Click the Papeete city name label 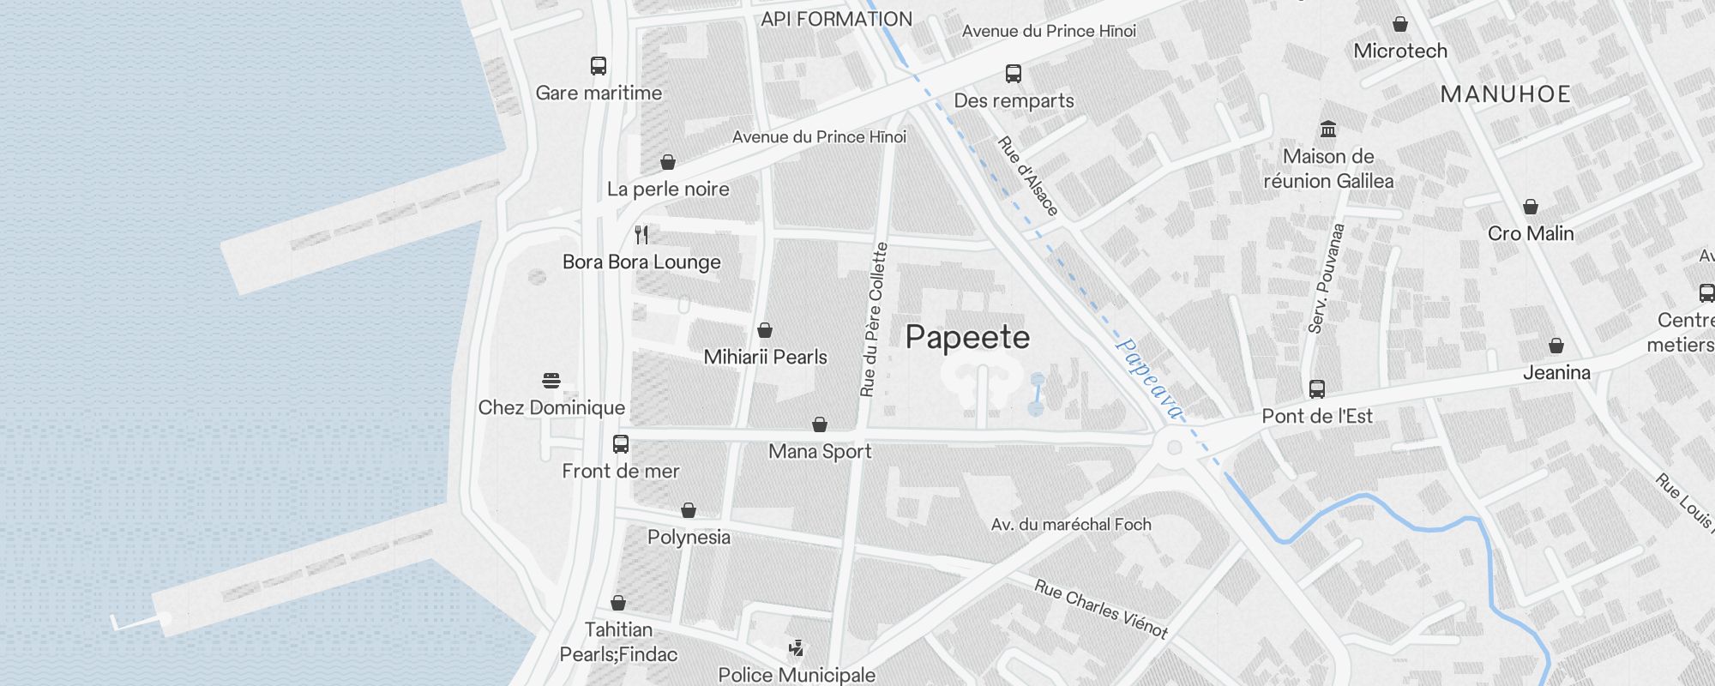point(967,337)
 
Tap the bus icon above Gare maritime point(599,66)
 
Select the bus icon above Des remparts point(1014,74)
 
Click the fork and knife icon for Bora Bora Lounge point(641,235)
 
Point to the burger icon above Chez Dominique point(551,381)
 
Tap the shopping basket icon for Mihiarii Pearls point(765,330)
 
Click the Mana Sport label point(820,451)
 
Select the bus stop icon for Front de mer point(621,444)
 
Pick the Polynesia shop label point(689,537)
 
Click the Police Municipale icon point(797,648)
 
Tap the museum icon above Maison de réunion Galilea point(1328,129)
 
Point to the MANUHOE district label point(1505,94)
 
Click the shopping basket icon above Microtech point(1400,24)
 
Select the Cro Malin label point(1531,233)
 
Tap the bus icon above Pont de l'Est point(1317,389)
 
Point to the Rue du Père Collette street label point(874,319)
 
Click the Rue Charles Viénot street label point(1100,609)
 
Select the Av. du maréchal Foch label point(1071,524)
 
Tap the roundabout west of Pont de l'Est point(1174,447)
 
